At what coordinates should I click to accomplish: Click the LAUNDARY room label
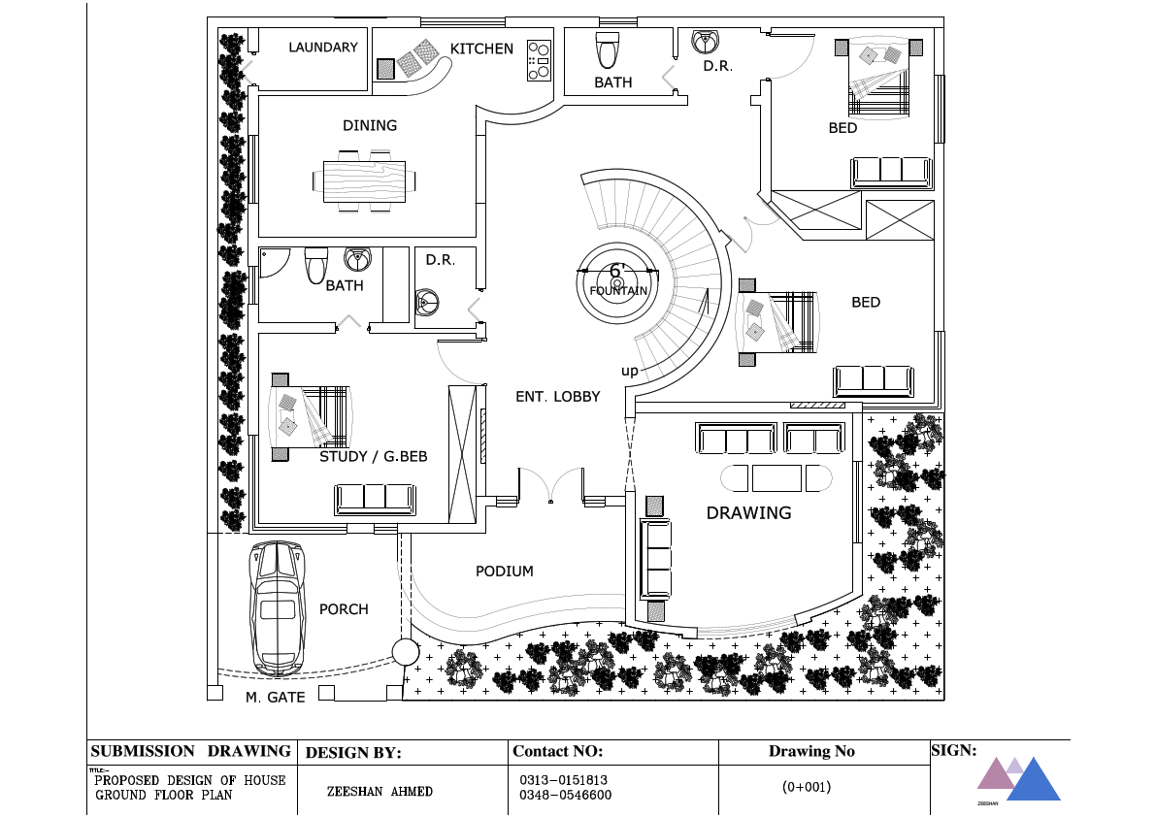point(322,48)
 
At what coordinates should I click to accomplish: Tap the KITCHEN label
point(481,49)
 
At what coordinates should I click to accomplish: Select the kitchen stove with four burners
point(538,61)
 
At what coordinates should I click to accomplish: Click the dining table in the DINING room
point(365,180)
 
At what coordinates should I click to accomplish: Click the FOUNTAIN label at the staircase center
point(617,290)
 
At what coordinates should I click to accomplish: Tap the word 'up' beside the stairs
point(630,372)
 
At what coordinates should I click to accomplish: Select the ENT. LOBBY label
point(557,397)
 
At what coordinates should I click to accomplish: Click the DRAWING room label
point(748,513)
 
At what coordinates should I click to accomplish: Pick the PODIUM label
point(504,572)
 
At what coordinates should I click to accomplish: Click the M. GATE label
point(275,698)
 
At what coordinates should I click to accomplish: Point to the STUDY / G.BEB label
point(373,456)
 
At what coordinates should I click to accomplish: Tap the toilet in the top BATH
point(608,49)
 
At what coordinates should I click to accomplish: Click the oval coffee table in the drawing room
point(776,478)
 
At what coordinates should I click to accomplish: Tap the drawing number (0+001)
point(807,788)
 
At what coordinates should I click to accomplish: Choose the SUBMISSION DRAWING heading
point(190,751)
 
